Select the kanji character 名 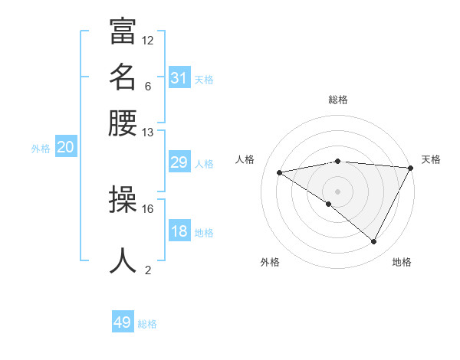(123, 77)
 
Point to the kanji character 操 (123, 200)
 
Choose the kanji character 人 (123, 260)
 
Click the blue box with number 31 (179, 77)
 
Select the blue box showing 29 (179, 162)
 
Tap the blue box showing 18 (179, 231)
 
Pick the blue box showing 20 (65, 148)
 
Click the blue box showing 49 (123, 322)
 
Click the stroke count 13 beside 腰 (147, 133)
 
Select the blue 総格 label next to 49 (147, 324)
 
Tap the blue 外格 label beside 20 (41, 149)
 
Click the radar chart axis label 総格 (338, 100)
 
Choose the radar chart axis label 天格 (431, 159)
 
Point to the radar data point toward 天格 (410, 168)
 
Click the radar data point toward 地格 (373, 242)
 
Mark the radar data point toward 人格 (280, 172)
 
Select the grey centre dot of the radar (337, 191)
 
